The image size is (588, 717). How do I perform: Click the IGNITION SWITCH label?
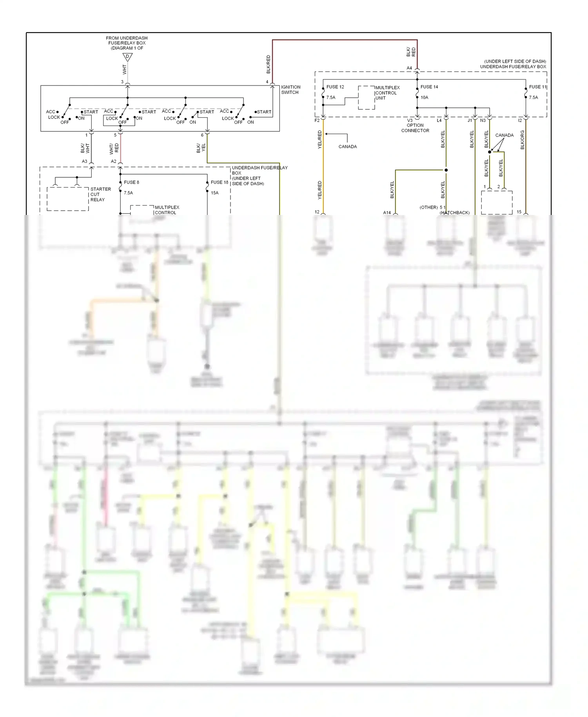[x=290, y=90]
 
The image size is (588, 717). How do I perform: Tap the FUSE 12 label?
[x=335, y=87]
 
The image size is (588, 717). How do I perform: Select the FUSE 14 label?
[x=429, y=87]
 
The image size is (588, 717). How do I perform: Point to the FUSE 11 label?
[x=537, y=87]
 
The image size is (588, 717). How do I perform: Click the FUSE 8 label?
[x=131, y=182]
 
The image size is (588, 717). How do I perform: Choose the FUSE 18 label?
[x=219, y=182]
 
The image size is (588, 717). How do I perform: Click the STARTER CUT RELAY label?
[x=100, y=194]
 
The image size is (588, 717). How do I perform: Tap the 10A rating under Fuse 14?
[x=425, y=97]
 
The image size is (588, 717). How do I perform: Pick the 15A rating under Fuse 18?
[x=215, y=193]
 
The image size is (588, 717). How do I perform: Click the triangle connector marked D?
[x=127, y=57]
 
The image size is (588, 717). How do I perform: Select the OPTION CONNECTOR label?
[x=415, y=128]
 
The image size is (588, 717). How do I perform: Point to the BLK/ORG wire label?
[x=522, y=140]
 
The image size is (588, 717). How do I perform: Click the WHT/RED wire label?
[x=114, y=148]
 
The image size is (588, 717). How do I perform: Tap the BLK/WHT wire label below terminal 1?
[x=85, y=148]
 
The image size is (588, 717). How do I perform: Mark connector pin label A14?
[x=387, y=213]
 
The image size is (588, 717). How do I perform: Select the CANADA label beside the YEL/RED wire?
[x=348, y=147]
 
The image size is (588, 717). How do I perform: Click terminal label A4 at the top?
[x=409, y=68]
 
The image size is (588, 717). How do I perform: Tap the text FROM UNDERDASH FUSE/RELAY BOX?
[x=127, y=40]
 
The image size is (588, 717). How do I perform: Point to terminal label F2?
[x=317, y=120]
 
